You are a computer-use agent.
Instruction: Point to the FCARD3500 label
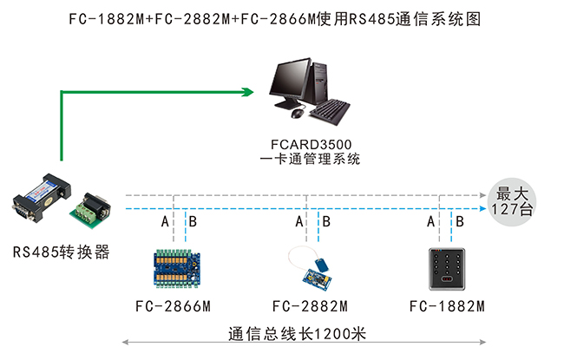point(310,143)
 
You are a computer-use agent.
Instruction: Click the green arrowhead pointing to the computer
point(246,89)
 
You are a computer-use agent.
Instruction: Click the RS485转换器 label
point(61,252)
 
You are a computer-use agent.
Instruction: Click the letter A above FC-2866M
point(165,223)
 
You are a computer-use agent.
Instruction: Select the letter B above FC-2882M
point(326,223)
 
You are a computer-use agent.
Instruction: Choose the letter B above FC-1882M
point(460,223)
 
